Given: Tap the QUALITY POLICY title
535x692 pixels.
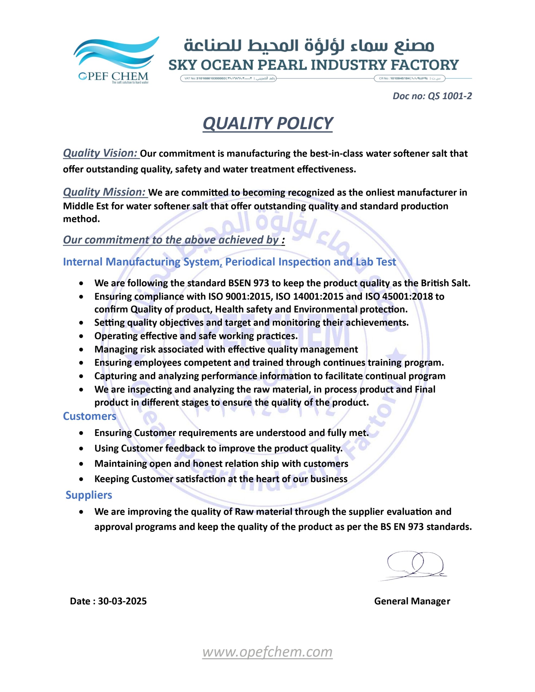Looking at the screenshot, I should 268,123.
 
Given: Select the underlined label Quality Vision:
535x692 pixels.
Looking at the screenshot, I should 101,153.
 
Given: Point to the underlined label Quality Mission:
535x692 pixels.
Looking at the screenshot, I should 105,192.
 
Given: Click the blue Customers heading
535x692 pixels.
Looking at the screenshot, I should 90,416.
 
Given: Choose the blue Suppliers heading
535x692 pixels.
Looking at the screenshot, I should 89,495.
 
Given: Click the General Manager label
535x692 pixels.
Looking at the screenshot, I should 412,601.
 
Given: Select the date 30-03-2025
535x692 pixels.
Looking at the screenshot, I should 123,601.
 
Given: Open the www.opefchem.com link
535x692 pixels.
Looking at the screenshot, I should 267,652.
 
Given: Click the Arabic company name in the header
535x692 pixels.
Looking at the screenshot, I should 309,46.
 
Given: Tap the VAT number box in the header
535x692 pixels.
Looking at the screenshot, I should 228,78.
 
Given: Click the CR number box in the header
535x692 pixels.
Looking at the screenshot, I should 409,78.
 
